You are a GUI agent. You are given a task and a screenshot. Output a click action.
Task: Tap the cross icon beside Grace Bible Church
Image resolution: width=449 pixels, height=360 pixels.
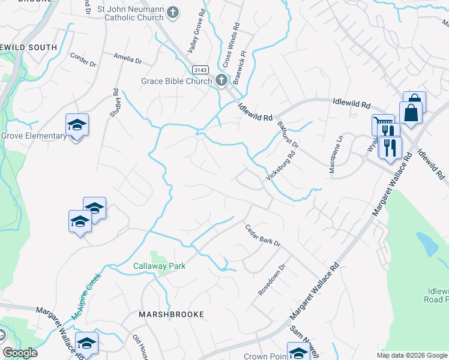coord(221,80)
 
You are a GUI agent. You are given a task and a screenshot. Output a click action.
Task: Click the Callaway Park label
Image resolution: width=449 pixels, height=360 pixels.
coord(159,266)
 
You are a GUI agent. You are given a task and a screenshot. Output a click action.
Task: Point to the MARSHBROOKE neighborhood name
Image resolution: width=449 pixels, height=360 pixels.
coord(171,314)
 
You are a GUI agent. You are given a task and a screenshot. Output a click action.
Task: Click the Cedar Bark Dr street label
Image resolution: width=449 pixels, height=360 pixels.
coord(263,235)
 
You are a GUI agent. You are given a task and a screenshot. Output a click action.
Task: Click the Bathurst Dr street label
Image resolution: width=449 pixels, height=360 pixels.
coord(288,135)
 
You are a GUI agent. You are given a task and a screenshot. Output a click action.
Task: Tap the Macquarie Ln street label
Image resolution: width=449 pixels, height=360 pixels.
coord(331,158)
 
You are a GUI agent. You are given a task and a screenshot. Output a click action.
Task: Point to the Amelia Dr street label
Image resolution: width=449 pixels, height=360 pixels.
coord(128,59)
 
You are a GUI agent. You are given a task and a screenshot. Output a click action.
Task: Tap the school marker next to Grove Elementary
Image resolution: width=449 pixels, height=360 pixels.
coord(77,125)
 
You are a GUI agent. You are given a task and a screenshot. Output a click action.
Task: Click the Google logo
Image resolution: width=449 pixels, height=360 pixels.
coord(20,353)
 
